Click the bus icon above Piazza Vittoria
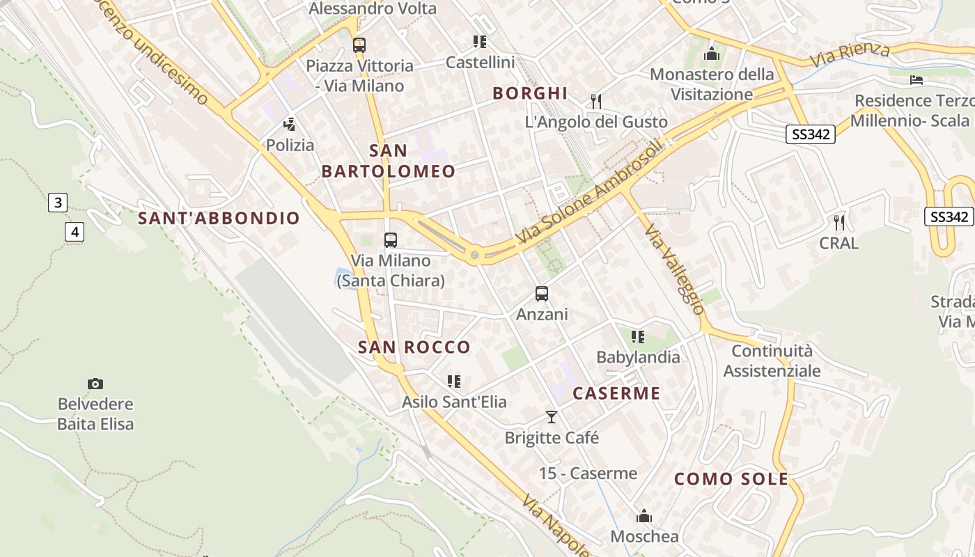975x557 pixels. (x=359, y=45)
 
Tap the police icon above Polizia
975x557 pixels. (x=289, y=125)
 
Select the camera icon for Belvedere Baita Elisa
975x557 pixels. (x=95, y=384)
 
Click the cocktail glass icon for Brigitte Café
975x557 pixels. (x=552, y=417)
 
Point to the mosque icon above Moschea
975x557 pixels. (x=644, y=516)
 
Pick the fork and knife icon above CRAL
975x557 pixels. (x=839, y=223)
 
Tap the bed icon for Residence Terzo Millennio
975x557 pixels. (x=916, y=80)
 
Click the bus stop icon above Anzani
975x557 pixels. (x=542, y=294)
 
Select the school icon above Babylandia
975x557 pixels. (x=637, y=337)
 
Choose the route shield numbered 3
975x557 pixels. (x=58, y=203)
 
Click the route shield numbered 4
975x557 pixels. (x=75, y=232)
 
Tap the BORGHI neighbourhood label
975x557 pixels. (x=530, y=93)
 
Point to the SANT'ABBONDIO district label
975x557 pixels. (x=219, y=219)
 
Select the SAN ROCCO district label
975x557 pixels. (x=414, y=347)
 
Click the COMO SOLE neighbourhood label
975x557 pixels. (x=731, y=479)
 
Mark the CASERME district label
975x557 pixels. (x=616, y=393)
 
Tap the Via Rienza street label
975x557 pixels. (x=850, y=55)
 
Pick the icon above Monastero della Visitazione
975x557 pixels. (x=712, y=53)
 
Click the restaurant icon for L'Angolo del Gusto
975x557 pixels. (x=595, y=102)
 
